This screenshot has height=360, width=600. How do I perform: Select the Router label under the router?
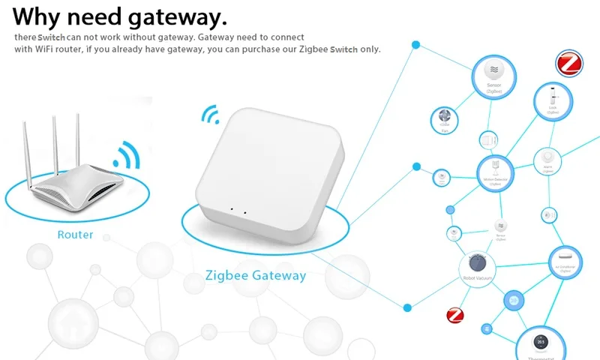click(76, 235)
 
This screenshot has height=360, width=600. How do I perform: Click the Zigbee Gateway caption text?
click(255, 275)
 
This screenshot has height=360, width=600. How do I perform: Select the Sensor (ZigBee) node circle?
click(493, 75)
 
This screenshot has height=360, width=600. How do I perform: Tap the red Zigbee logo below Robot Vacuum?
click(455, 315)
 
